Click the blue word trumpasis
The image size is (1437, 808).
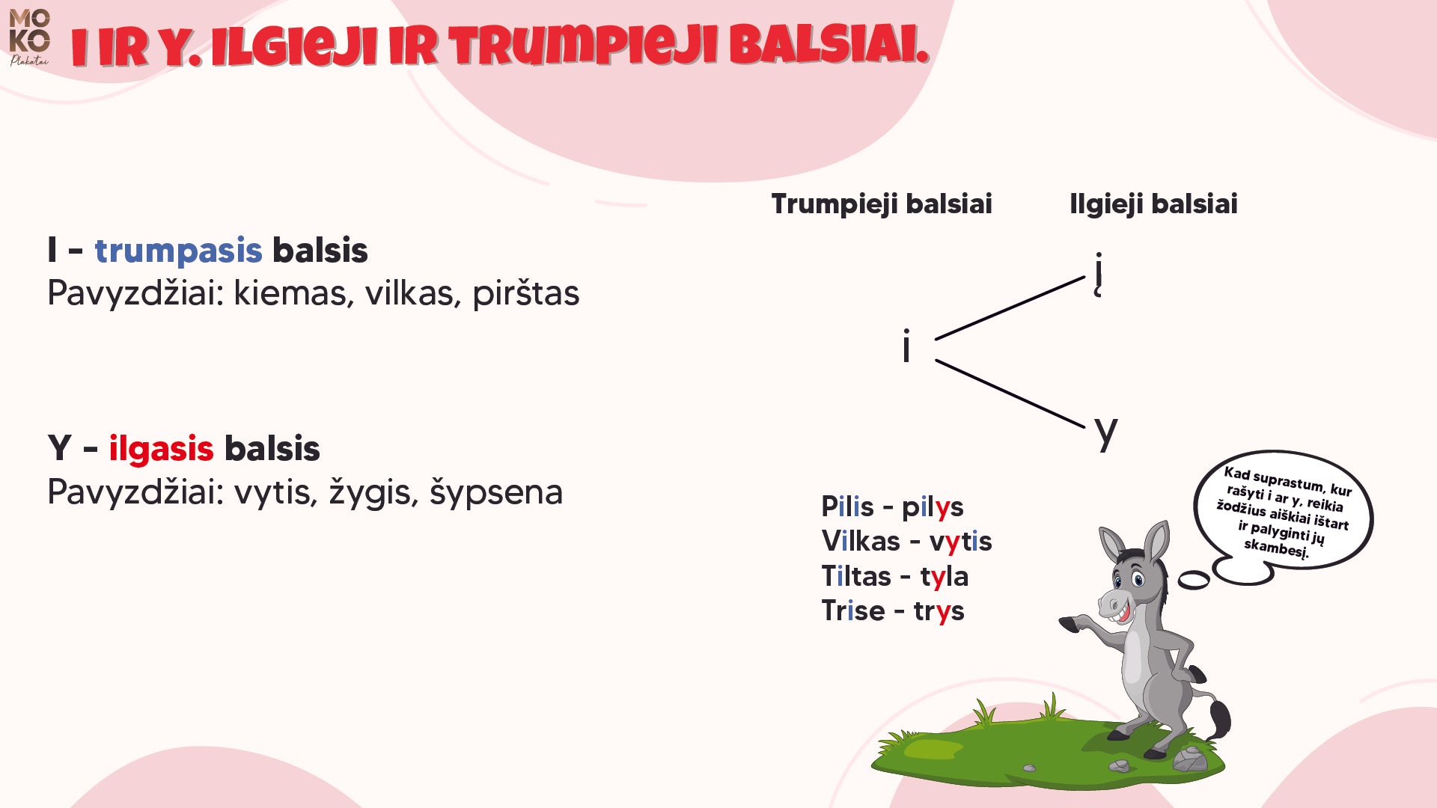[178, 251]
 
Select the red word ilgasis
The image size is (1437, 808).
[161, 449]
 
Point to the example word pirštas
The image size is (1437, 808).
[525, 293]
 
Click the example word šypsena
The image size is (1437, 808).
[495, 493]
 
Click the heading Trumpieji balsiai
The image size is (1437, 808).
[881, 203]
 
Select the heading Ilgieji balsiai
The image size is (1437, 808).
[1153, 203]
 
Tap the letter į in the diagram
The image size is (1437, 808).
[1098, 273]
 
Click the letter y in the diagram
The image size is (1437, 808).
[1105, 432]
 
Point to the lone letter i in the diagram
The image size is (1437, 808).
[906, 347]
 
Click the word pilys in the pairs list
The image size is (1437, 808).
[932, 507]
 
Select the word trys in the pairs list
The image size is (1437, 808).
[939, 611]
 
